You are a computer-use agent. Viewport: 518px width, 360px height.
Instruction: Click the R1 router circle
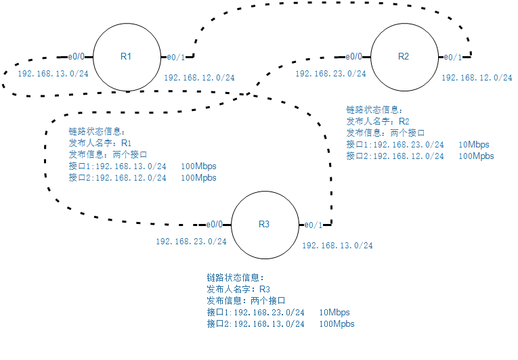(126, 57)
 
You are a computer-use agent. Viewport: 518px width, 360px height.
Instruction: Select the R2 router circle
(404, 57)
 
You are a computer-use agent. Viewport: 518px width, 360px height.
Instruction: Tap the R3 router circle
(265, 225)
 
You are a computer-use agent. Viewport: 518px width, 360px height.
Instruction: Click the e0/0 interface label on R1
(76, 57)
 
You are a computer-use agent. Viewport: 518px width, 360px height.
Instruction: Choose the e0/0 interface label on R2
(353, 57)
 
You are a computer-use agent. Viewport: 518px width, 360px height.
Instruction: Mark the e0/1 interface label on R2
(452, 57)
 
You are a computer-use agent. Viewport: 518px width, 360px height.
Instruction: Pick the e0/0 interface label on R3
(215, 225)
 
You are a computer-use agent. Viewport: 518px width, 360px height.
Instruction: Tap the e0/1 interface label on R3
(314, 225)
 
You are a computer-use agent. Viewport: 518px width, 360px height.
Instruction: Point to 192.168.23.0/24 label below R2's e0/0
(330, 73)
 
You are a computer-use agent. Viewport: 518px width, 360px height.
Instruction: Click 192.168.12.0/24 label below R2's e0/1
(477, 78)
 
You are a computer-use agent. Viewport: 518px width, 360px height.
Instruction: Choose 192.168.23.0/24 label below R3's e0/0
(191, 241)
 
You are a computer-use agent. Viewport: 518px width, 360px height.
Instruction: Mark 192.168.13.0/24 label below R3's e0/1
(337, 246)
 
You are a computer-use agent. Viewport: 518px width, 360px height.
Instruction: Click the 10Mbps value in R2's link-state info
(473, 145)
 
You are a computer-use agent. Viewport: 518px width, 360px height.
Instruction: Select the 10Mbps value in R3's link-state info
(334, 313)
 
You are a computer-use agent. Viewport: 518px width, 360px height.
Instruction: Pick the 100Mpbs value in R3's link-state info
(336, 324)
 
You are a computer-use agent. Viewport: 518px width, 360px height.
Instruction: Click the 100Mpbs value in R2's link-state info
(476, 156)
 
